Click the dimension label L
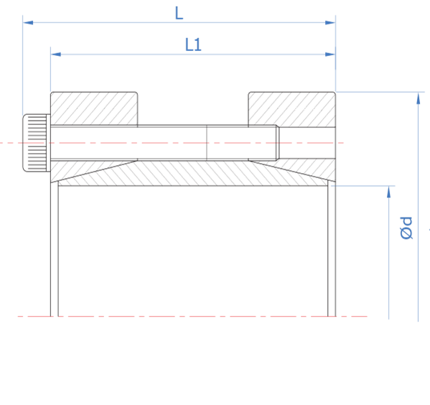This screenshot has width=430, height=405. [x=179, y=13]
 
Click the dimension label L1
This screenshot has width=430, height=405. [x=193, y=45]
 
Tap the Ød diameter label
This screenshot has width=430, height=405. [x=406, y=228]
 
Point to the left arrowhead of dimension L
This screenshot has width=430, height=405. [x=28, y=22]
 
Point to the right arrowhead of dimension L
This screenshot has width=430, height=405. [x=330, y=22]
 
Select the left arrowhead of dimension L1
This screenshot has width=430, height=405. [x=56, y=55]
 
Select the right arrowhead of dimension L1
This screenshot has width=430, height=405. [x=330, y=55]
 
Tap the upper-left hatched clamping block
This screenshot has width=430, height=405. [x=94, y=109]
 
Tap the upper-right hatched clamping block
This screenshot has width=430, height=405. [x=291, y=109]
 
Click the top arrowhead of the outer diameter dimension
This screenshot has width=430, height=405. [x=419, y=98]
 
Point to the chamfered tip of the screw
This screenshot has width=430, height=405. [x=278, y=143]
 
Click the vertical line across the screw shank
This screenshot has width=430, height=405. [x=207, y=143]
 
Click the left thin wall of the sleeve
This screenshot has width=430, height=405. [x=55, y=248]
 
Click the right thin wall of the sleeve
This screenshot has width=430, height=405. [x=332, y=248]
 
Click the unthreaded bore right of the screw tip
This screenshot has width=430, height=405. [x=307, y=143]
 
